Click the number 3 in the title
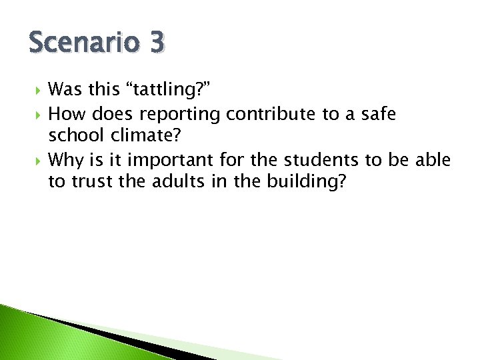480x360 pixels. [157, 44]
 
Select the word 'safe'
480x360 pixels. [379, 115]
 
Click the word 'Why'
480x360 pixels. [66, 161]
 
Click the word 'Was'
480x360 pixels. [67, 89]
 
